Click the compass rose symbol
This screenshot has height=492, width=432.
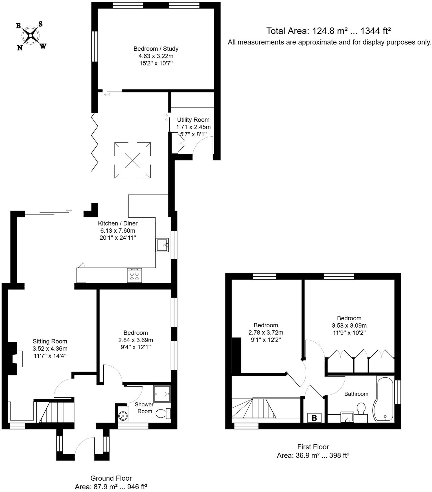[30, 36]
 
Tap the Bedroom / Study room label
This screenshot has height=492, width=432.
[156, 49]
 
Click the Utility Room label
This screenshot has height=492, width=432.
[193, 120]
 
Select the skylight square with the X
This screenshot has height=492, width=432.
[132, 160]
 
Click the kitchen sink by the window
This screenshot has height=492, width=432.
[162, 245]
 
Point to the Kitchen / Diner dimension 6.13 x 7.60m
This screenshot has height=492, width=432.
[117, 231]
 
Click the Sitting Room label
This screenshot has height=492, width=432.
[50, 342]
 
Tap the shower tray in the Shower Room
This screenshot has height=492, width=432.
[162, 394]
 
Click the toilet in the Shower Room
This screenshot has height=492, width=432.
[163, 413]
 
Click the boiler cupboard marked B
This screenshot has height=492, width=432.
[314, 418]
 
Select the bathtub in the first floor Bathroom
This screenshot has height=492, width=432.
[383, 400]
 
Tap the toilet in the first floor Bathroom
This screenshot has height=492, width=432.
[361, 409]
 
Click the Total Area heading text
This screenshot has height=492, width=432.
[328, 31]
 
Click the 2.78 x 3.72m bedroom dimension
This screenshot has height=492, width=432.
[266, 332]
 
